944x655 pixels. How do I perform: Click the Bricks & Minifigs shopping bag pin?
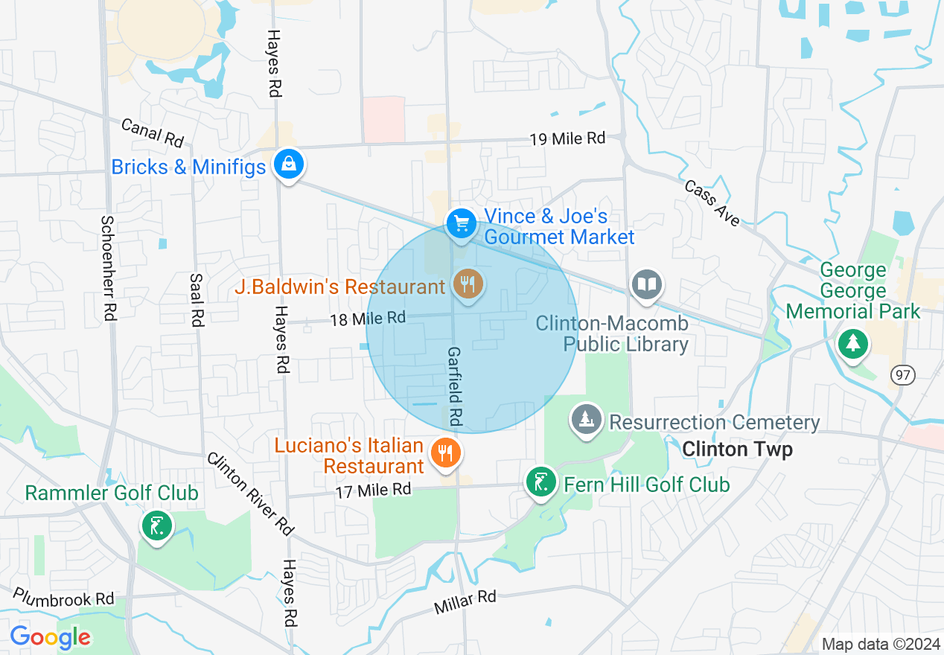click(x=287, y=164)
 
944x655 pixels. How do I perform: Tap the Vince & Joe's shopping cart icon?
click(x=461, y=223)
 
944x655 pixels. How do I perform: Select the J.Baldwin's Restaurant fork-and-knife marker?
click(x=468, y=285)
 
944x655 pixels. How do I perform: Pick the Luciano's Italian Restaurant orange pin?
click(x=445, y=452)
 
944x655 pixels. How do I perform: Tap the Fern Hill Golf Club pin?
click(x=540, y=482)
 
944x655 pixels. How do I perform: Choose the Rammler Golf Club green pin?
click(x=156, y=526)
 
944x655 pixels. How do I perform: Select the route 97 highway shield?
click(x=904, y=375)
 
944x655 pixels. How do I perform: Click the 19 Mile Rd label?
click(x=567, y=138)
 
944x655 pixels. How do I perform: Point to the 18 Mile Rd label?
click(x=368, y=319)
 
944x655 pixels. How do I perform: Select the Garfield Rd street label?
click(x=455, y=387)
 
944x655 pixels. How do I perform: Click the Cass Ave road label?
click(x=713, y=202)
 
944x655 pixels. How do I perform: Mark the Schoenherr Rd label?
click(x=109, y=268)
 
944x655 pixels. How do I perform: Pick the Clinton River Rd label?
click(x=251, y=493)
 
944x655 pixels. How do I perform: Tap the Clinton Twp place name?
click(x=737, y=450)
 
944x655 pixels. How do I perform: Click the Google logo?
click(x=50, y=638)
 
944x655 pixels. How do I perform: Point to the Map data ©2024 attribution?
click(x=879, y=644)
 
